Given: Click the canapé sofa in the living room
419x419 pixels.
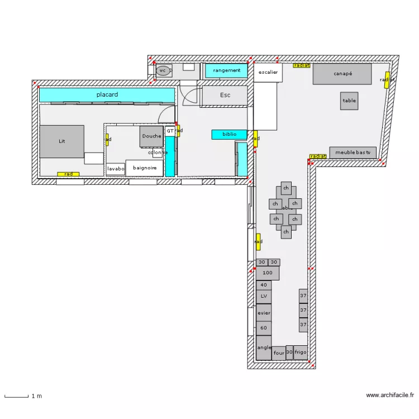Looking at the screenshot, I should point(342,74).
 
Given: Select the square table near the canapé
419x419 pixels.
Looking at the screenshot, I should point(349,101).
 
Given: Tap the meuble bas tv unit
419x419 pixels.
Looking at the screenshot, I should point(353,153).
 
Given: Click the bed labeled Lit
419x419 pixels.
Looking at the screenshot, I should point(61,141).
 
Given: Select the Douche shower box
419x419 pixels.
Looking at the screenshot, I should point(151,136).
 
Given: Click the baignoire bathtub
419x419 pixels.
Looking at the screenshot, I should point(144,168).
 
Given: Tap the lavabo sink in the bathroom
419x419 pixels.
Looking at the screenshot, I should point(116,169).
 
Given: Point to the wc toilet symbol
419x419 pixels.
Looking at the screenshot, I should point(163,70).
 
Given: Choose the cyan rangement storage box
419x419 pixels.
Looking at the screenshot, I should point(226,70).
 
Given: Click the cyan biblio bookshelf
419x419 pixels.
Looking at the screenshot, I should point(229,134).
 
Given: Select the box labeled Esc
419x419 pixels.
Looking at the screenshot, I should point(225,95).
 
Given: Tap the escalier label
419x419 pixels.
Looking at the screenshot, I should point(268,73).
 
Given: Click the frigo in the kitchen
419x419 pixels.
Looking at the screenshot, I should point(301,353).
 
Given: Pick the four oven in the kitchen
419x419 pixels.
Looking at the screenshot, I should point(279,353).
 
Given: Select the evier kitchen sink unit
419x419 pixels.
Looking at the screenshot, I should point(264,313).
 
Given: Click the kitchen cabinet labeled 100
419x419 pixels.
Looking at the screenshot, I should point(268,273).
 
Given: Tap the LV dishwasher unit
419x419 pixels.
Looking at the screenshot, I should point(264,296).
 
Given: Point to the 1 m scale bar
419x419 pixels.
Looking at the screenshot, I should point(16,396).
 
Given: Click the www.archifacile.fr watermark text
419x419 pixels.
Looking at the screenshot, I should point(389,396).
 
